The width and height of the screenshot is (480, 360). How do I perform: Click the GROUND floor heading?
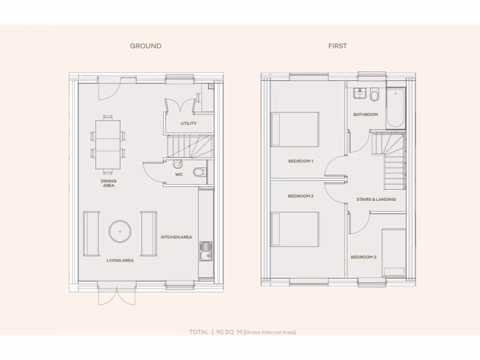pyautogui.click(x=145, y=46)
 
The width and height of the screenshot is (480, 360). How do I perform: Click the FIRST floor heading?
pyautogui.click(x=337, y=46)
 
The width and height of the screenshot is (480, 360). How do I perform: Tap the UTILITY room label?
pyautogui.click(x=188, y=124)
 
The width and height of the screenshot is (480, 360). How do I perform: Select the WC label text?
pyautogui.click(x=179, y=175)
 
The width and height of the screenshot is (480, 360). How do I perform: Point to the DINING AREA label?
pyautogui.click(x=108, y=183)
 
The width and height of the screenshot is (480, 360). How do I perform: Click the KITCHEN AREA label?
pyautogui.click(x=176, y=237)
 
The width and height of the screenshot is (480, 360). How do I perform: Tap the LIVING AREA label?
pyautogui.click(x=120, y=261)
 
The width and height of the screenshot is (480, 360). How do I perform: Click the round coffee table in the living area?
pyautogui.click(x=120, y=232)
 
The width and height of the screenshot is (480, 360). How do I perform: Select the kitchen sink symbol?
pyautogui.click(x=206, y=252)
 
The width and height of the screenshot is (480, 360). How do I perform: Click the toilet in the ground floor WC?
pyautogui.click(x=200, y=172)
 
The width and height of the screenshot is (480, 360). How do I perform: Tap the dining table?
pyautogui.click(x=108, y=144)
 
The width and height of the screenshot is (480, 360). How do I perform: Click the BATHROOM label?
pyautogui.click(x=365, y=114)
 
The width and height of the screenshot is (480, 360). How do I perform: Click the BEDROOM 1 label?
pyautogui.click(x=300, y=161)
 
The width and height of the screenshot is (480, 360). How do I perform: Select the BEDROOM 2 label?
pyautogui.click(x=300, y=196)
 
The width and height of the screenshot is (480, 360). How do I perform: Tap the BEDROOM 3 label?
pyautogui.click(x=363, y=257)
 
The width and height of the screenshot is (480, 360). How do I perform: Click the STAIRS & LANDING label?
pyautogui.click(x=376, y=199)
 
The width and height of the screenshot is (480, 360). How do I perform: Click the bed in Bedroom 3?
pyautogui.click(x=394, y=252)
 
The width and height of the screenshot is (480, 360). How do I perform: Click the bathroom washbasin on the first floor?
pyautogui.click(x=360, y=94)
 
